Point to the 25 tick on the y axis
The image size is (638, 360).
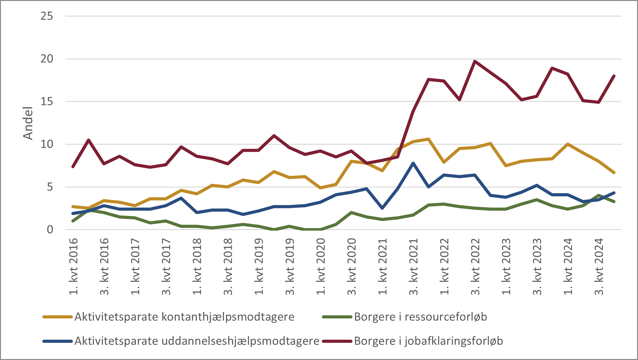coord(47,16)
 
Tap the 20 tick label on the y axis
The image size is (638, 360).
coord(47,59)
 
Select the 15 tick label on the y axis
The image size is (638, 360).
coord(47,102)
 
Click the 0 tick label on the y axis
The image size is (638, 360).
coord(50,230)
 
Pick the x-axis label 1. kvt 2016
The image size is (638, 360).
coord(74,266)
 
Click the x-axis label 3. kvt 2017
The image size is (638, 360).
coord(166,266)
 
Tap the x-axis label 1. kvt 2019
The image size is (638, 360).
coord(259,266)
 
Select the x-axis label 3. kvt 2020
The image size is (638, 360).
coord(352,266)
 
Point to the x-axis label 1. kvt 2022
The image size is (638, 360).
coord(444,266)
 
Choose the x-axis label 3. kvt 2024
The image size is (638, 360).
coord(599,266)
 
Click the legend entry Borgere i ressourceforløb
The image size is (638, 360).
coord(420,317)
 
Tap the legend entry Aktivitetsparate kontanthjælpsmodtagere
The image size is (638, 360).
coord(184,317)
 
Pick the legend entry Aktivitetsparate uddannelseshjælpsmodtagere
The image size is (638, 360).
coord(197,341)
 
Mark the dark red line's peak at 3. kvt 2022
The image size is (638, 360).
coord(475,61)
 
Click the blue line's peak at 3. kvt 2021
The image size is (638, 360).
coord(413,163)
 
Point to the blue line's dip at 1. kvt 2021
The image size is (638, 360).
coord(382,208)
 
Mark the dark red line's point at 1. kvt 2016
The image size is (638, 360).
coord(73,167)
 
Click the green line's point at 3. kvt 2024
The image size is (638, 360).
coord(599,195)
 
